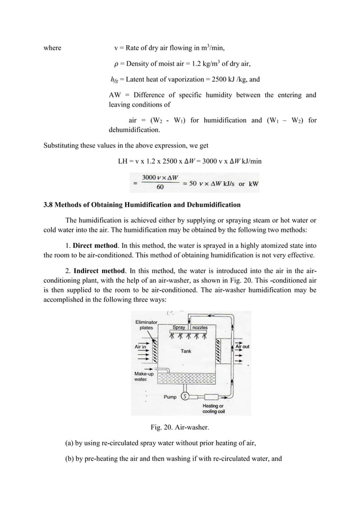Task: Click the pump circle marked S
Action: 184,396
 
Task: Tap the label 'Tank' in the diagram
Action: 186,351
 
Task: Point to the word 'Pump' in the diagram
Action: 170,397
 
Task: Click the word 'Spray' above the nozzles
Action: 179,327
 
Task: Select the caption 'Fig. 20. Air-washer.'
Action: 179,427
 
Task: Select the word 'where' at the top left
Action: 52,47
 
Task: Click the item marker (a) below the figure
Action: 70,446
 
